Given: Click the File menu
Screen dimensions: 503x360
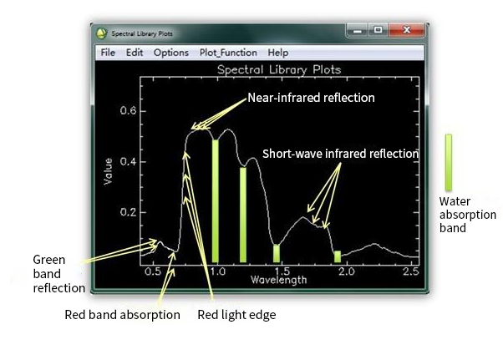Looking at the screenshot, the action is pyautogui.click(x=108, y=53).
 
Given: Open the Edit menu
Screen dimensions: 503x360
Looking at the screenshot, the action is pyautogui.click(x=135, y=53).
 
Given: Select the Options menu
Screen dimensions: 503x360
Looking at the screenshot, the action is pyautogui.click(x=171, y=53).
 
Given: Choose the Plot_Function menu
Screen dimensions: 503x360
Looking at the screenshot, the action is pyautogui.click(x=228, y=53).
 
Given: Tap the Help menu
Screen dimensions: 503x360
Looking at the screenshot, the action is pyautogui.click(x=277, y=53).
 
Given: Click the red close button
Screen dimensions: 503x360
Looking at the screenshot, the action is pyautogui.click(x=407, y=30).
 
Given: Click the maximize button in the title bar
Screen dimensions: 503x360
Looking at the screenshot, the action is pyautogui.click(x=379, y=30).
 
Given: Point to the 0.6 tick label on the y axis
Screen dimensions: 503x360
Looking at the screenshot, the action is pyautogui.click(x=128, y=110).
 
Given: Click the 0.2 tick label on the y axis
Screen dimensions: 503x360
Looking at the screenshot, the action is pyautogui.click(x=128, y=212).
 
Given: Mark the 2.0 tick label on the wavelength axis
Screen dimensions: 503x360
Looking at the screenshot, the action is pyautogui.click(x=347, y=271).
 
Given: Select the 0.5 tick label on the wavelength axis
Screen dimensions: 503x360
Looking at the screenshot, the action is pyautogui.click(x=152, y=271).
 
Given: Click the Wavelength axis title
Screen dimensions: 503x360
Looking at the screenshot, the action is pyautogui.click(x=278, y=280).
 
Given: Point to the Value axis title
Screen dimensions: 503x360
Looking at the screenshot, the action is pyautogui.click(x=108, y=171).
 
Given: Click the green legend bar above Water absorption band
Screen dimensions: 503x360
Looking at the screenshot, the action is pyautogui.click(x=449, y=162).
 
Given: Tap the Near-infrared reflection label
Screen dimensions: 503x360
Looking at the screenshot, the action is pyautogui.click(x=311, y=98).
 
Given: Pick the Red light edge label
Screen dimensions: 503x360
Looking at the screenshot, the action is pyautogui.click(x=236, y=315).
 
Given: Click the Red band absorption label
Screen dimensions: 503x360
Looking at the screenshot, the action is pyautogui.click(x=122, y=315).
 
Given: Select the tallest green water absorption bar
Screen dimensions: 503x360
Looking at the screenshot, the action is pyautogui.click(x=216, y=201).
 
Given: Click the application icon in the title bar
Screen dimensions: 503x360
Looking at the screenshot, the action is pyautogui.click(x=101, y=33).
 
